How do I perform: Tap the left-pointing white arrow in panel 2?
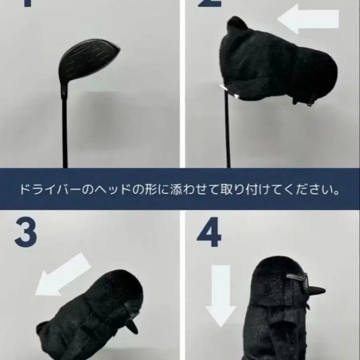click(308, 19)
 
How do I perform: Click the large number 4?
click(208, 234)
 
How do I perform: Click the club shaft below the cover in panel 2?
click(228, 132)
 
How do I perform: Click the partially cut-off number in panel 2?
click(208, 4)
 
